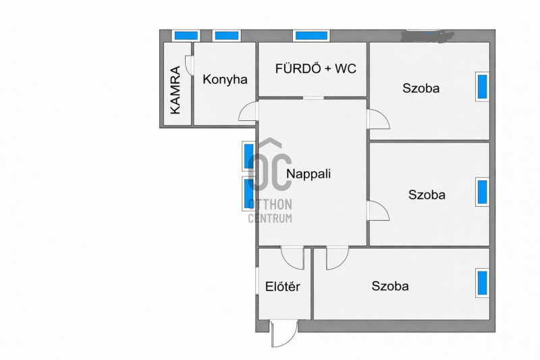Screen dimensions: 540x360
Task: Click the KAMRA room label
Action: tap(175, 90)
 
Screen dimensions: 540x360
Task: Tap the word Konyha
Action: tap(225, 80)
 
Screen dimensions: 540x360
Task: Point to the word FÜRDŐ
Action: tap(298, 68)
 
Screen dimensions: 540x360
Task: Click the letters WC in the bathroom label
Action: tap(346, 68)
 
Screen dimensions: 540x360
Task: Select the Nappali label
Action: tap(308, 174)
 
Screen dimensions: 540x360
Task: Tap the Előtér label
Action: tap(283, 286)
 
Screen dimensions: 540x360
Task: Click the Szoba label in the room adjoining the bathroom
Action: tap(421, 88)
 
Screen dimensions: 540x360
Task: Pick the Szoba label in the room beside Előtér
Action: tap(390, 286)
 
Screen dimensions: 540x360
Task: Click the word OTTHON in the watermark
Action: tap(270, 204)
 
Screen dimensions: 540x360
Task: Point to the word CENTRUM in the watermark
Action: tap(270, 218)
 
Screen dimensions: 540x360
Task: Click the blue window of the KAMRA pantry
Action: tap(186, 36)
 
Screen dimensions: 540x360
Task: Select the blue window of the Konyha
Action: tap(226, 36)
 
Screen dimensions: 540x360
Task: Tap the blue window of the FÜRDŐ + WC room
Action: tap(311, 36)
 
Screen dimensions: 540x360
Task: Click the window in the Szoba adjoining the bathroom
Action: tap(482, 86)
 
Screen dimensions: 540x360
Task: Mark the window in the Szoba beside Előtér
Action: tap(482, 283)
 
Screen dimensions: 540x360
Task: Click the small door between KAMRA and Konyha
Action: tap(190, 65)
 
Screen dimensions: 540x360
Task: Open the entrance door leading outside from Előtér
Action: tap(283, 334)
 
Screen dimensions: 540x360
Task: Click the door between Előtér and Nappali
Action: tap(293, 258)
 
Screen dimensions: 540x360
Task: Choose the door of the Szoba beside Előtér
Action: tap(337, 258)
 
